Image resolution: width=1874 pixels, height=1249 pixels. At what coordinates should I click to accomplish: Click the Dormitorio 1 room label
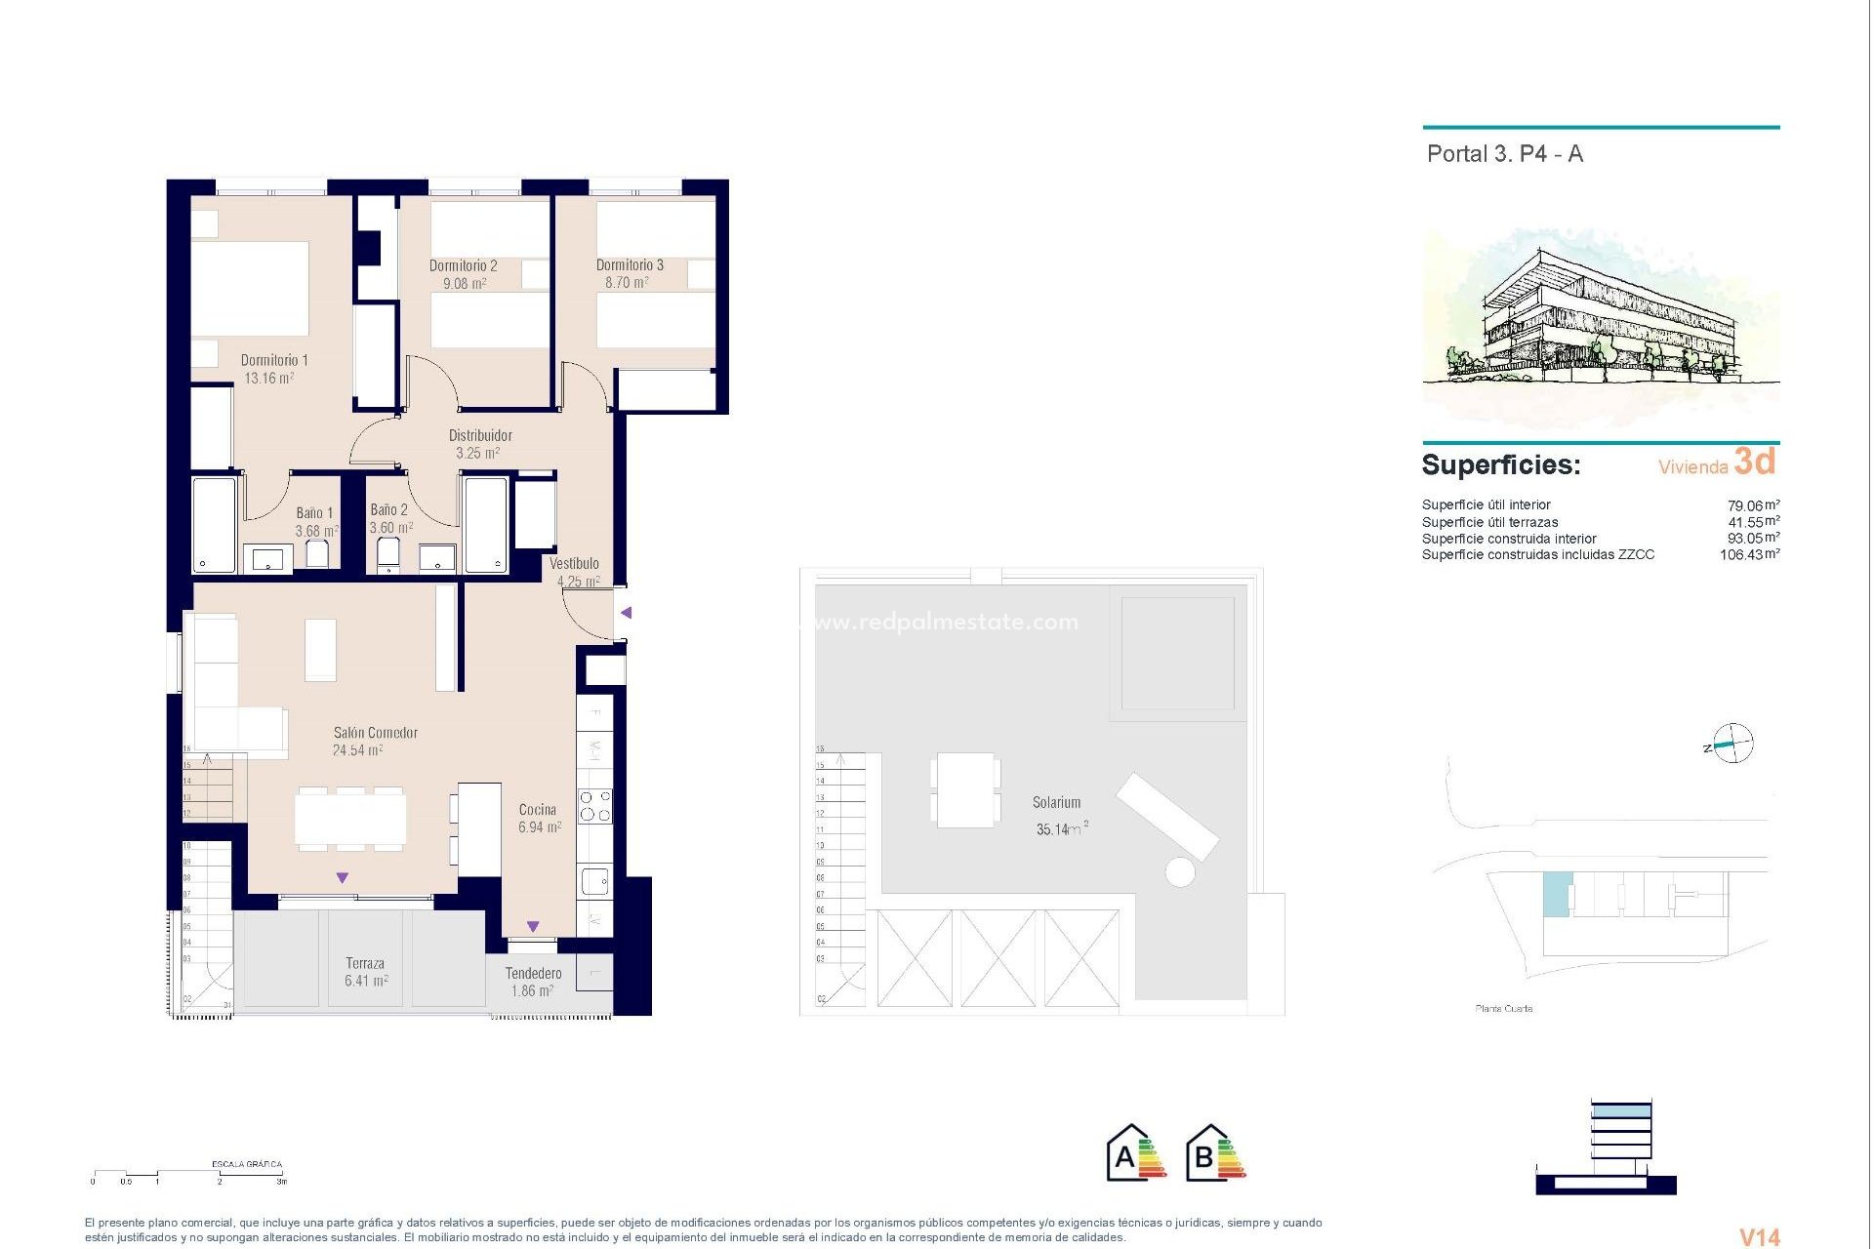pyautogui.click(x=274, y=360)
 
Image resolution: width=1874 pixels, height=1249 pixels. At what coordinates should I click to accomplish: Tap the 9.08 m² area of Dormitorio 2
pyautogui.click(x=465, y=284)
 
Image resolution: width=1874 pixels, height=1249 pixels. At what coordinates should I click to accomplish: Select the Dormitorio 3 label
pyautogui.click(x=630, y=265)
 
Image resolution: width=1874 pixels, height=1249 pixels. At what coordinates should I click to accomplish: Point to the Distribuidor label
pyautogui.click(x=480, y=435)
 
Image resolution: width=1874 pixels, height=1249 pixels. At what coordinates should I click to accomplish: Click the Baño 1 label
pyautogui.click(x=314, y=513)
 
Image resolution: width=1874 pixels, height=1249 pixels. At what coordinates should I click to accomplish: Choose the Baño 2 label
pyautogui.click(x=388, y=510)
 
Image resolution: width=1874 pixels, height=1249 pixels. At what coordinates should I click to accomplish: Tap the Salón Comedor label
pyautogui.click(x=375, y=733)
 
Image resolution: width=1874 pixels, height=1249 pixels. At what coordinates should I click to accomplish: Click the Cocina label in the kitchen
pyautogui.click(x=538, y=810)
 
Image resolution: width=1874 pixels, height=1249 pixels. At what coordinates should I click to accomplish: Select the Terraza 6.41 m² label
pyautogui.click(x=365, y=972)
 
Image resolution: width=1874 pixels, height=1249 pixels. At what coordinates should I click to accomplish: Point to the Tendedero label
pyautogui.click(x=533, y=974)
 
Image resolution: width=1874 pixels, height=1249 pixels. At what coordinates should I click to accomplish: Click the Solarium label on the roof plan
pyautogui.click(x=1056, y=803)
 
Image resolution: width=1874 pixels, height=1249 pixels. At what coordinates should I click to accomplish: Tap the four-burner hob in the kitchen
pyautogui.click(x=595, y=806)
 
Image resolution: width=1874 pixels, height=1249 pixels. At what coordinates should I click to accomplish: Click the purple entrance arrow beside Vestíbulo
pyautogui.click(x=627, y=613)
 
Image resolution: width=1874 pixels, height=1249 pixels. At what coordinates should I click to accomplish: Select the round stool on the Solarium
pyautogui.click(x=1180, y=871)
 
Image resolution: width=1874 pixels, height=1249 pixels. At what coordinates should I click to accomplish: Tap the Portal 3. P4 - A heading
pyautogui.click(x=1504, y=154)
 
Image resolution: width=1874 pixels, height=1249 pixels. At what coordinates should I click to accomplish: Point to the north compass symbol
pyautogui.click(x=1732, y=745)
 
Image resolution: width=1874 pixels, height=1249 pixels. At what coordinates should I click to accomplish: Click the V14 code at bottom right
pyautogui.click(x=1760, y=1236)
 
